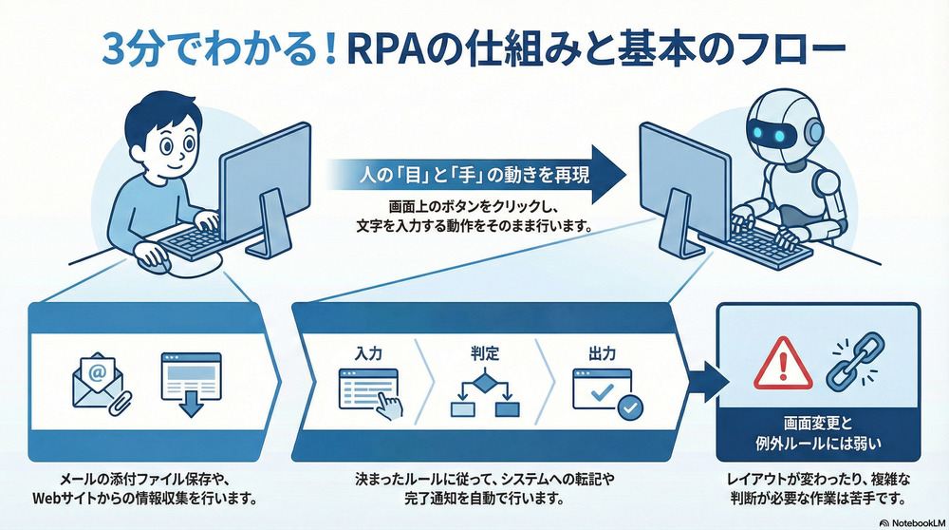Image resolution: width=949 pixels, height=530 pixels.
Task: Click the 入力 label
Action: [368, 352]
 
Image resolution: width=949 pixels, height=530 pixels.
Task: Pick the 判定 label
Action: [484, 352]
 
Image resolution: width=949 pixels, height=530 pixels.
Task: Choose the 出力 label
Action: [601, 352]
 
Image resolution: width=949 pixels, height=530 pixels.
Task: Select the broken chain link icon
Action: [851, 365]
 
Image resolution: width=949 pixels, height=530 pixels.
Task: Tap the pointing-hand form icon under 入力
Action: [370, 394]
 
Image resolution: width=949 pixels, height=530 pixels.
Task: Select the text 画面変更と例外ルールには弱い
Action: [817, 437]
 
